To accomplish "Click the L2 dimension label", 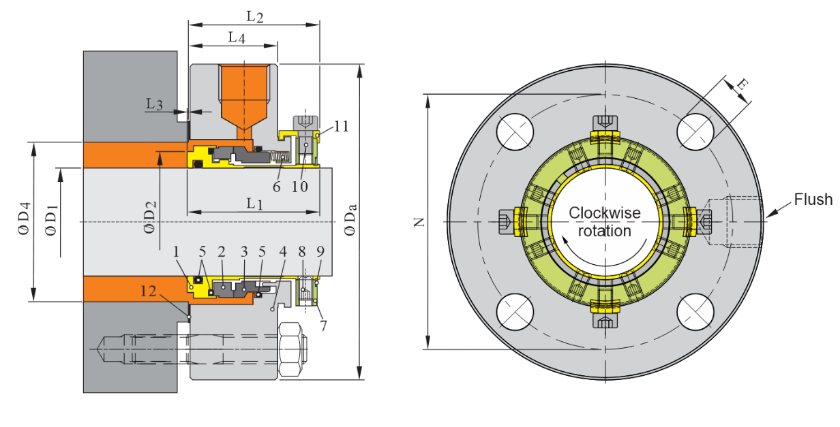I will point(254,15).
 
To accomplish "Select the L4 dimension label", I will point(236,37).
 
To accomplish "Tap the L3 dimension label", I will point(154,104).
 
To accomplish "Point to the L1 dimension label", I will point(254,203).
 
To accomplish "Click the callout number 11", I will point(341,126).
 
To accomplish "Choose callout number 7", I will point(322,325).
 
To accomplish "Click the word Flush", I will point(813,200).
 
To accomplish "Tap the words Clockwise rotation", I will point(605,222).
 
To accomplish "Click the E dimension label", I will point(741,84).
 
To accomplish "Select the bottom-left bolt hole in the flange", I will point(515,312).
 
